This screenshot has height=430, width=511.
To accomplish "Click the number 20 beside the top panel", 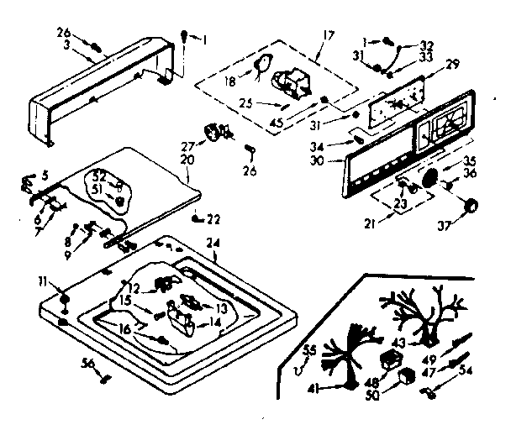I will tap(187, 159).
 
